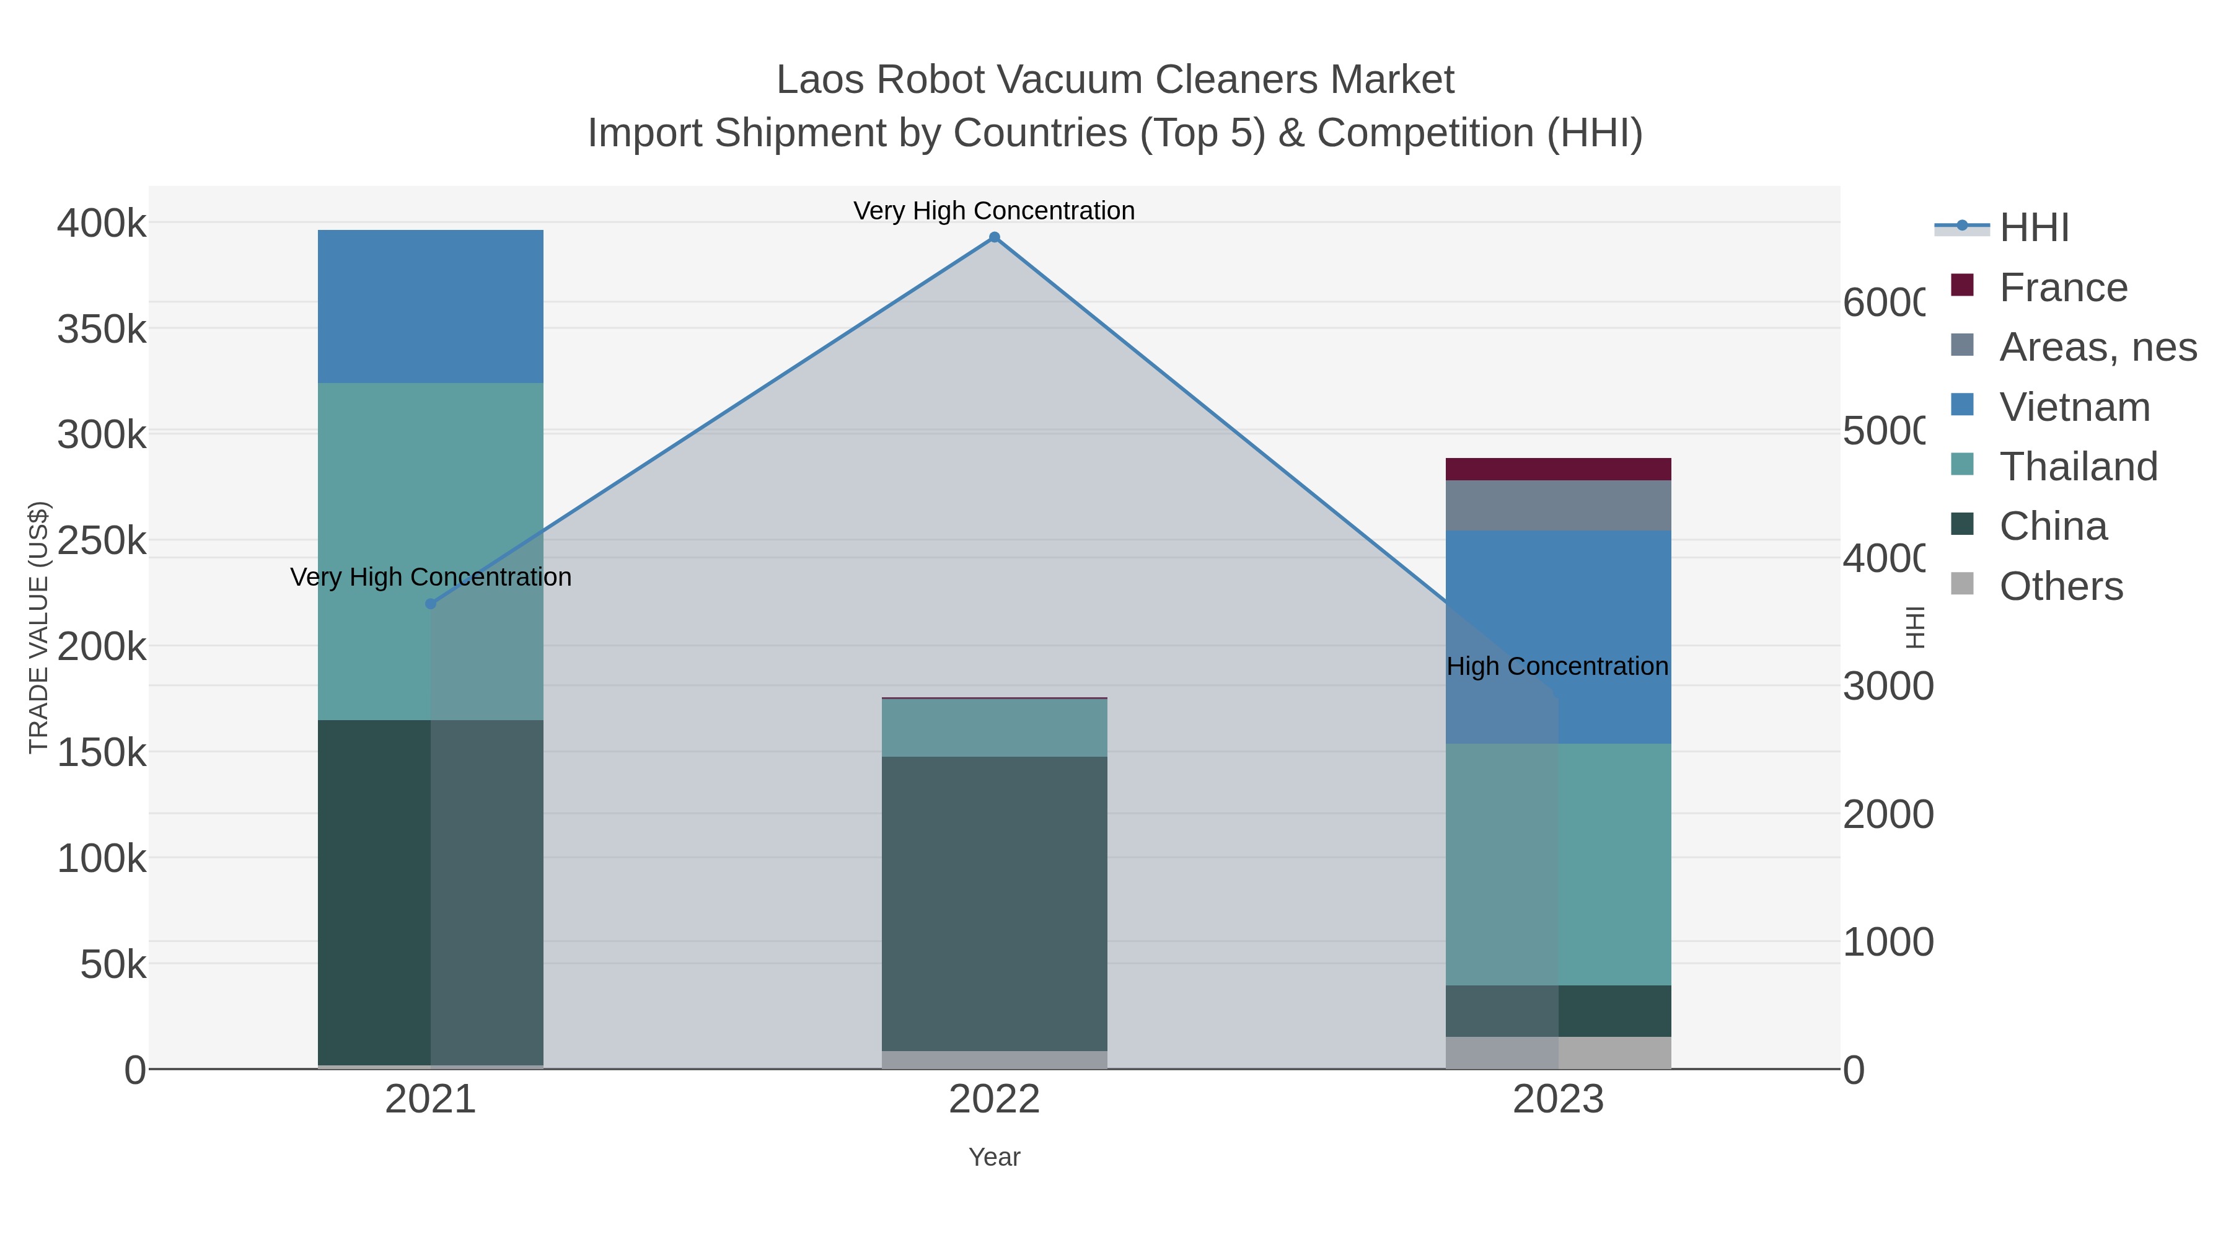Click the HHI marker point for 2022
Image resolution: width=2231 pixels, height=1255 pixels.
coord(994,237)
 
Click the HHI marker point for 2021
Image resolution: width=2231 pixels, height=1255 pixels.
coord(431,604)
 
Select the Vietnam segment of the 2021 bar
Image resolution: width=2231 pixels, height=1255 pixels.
coord(431,307)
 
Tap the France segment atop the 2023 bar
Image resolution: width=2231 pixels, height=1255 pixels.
coord(1558,469)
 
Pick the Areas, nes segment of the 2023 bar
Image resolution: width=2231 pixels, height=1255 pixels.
coord(1558,506)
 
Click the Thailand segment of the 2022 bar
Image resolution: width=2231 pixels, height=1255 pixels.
coord(994,728)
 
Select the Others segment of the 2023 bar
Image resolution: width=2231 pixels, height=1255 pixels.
coord(1558,1052)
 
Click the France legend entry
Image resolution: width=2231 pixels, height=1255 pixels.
coord(2062,288)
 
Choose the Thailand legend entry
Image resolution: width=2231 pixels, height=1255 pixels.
coord(2077,467)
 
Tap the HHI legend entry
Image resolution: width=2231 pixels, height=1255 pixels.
coord(2033,228)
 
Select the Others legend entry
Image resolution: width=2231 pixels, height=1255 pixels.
coord(2061,586)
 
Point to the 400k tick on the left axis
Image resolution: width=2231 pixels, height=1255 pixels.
coord(102,224)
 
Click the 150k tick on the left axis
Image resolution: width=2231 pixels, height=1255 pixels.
coord(102,752)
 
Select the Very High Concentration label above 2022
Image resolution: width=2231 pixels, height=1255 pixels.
coord(993,211)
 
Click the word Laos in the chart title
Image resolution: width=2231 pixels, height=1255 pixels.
coord(820,80)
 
